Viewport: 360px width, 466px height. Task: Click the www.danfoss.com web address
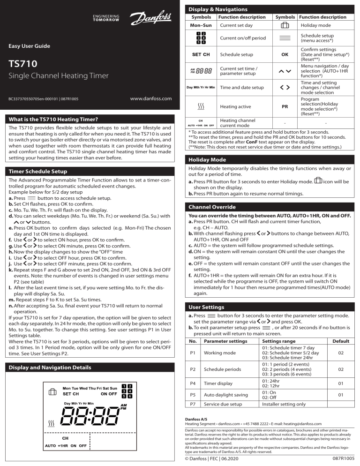point(149,99)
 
